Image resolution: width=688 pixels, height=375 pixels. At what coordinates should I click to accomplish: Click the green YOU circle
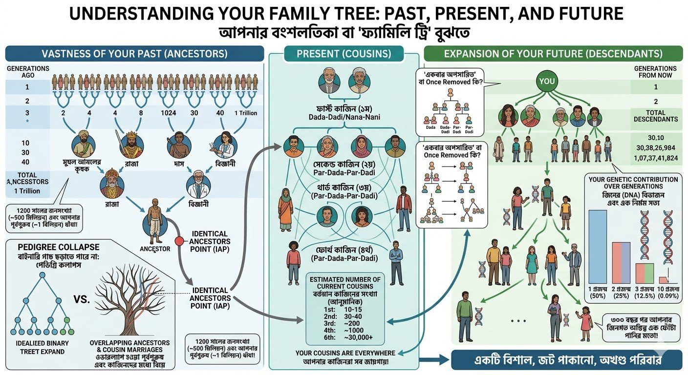(x=547, y=81)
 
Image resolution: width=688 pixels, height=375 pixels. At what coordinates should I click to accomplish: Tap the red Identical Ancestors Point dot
(x=178, y=241)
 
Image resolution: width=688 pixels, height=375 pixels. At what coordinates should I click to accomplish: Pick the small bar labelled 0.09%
(x=663, y=280)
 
